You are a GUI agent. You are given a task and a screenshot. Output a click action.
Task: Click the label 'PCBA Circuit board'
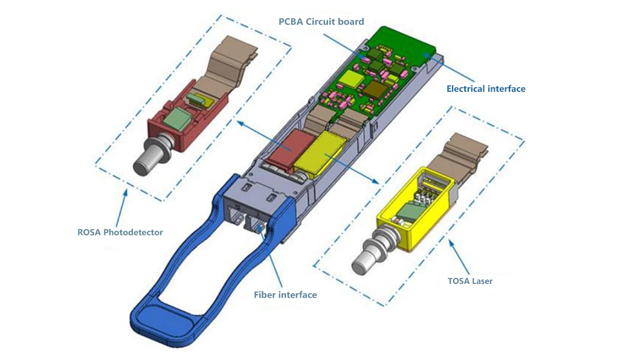click(321, 22)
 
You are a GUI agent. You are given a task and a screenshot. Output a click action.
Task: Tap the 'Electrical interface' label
click(486, 89)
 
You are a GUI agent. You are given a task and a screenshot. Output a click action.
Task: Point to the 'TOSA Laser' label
click(470, 281)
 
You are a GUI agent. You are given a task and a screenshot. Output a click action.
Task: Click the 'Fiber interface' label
click(285, 295)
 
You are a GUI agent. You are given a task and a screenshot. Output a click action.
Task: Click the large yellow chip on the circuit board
click(351, 77)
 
